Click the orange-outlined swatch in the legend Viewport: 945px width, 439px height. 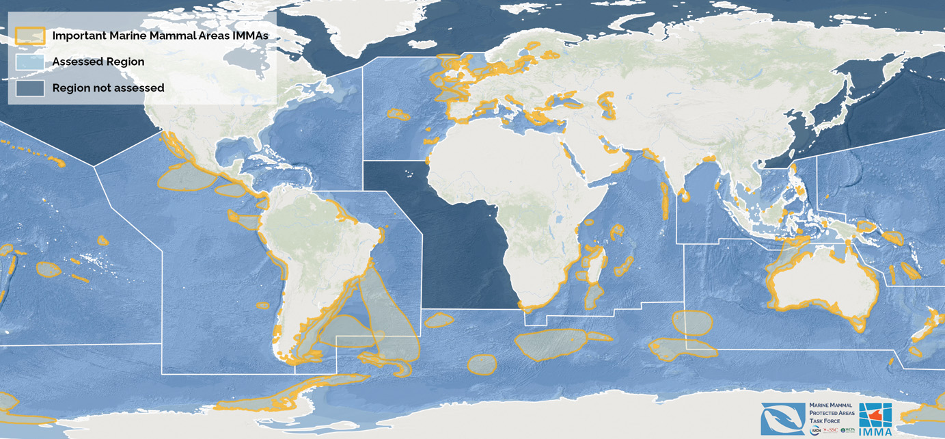(x=31, y=35)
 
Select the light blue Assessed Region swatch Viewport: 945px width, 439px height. (x=31, y=62)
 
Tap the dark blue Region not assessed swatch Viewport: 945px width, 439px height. (x=31, y=88)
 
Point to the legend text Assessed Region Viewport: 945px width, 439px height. (x=98, y=62)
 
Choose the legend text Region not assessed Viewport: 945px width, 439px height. (x=108, y=88)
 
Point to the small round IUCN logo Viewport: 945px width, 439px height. (x=815, y=431)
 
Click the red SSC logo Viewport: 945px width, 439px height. (x=831, y=431)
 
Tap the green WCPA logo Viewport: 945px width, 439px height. (x=847, y=431)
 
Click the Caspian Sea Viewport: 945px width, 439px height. (x=607, y=105)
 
